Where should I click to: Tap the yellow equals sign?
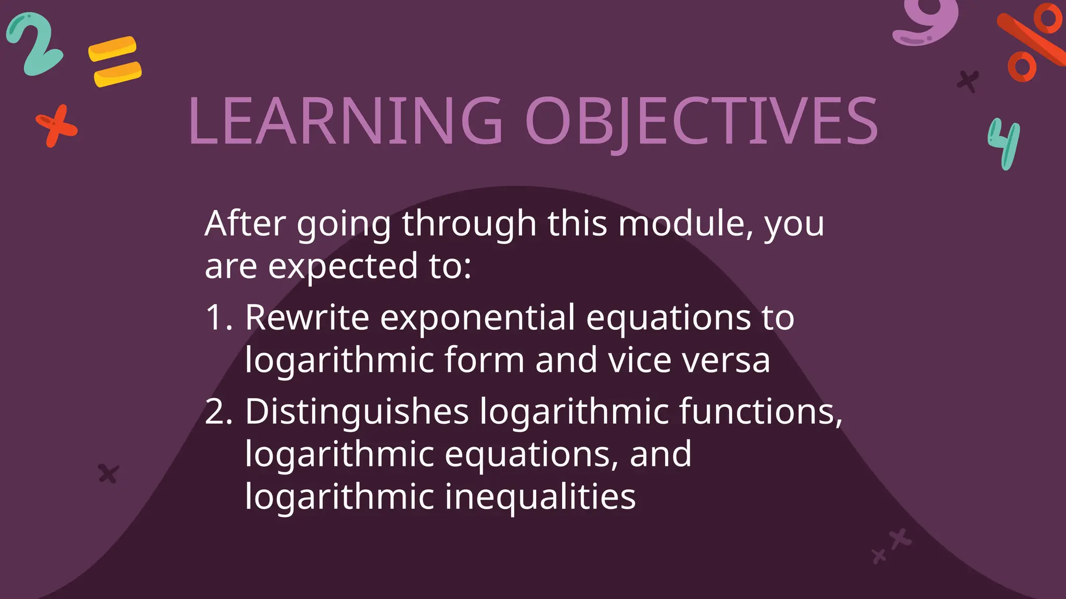(x=115, y=61)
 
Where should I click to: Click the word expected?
(x=343, y=266)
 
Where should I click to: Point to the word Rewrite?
(x=307, y=317)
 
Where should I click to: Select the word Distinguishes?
(x=357, y=412)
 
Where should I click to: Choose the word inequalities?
(x=540, y=497)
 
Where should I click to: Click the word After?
(x=245, y=224)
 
